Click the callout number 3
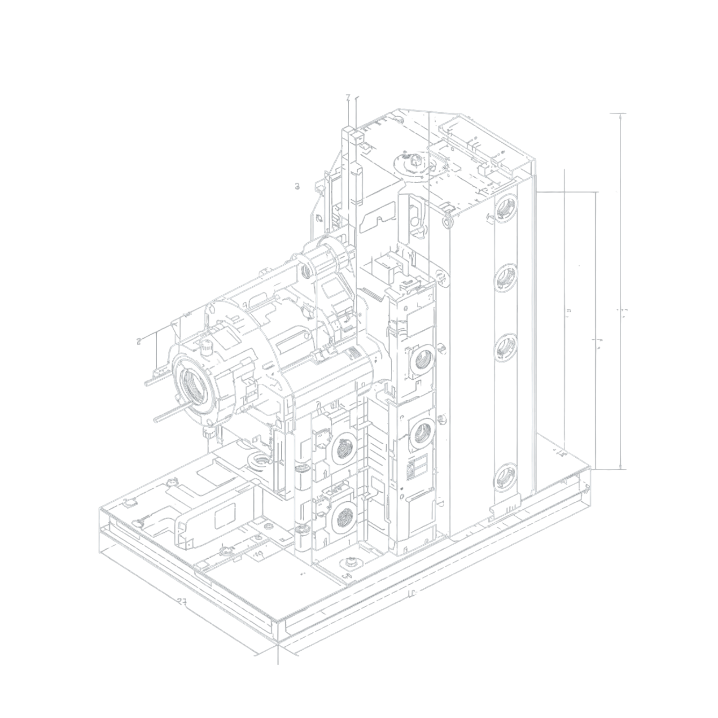pyautogui.click(x=297, y=186)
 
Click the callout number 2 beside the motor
pyautogui.click(x=139, y=341)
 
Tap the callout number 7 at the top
pyautogui.click(x=348, y=97)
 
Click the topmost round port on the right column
pyautogui.click(x=505, y=208)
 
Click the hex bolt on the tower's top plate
pyautogui.click(x=414, y=159)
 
